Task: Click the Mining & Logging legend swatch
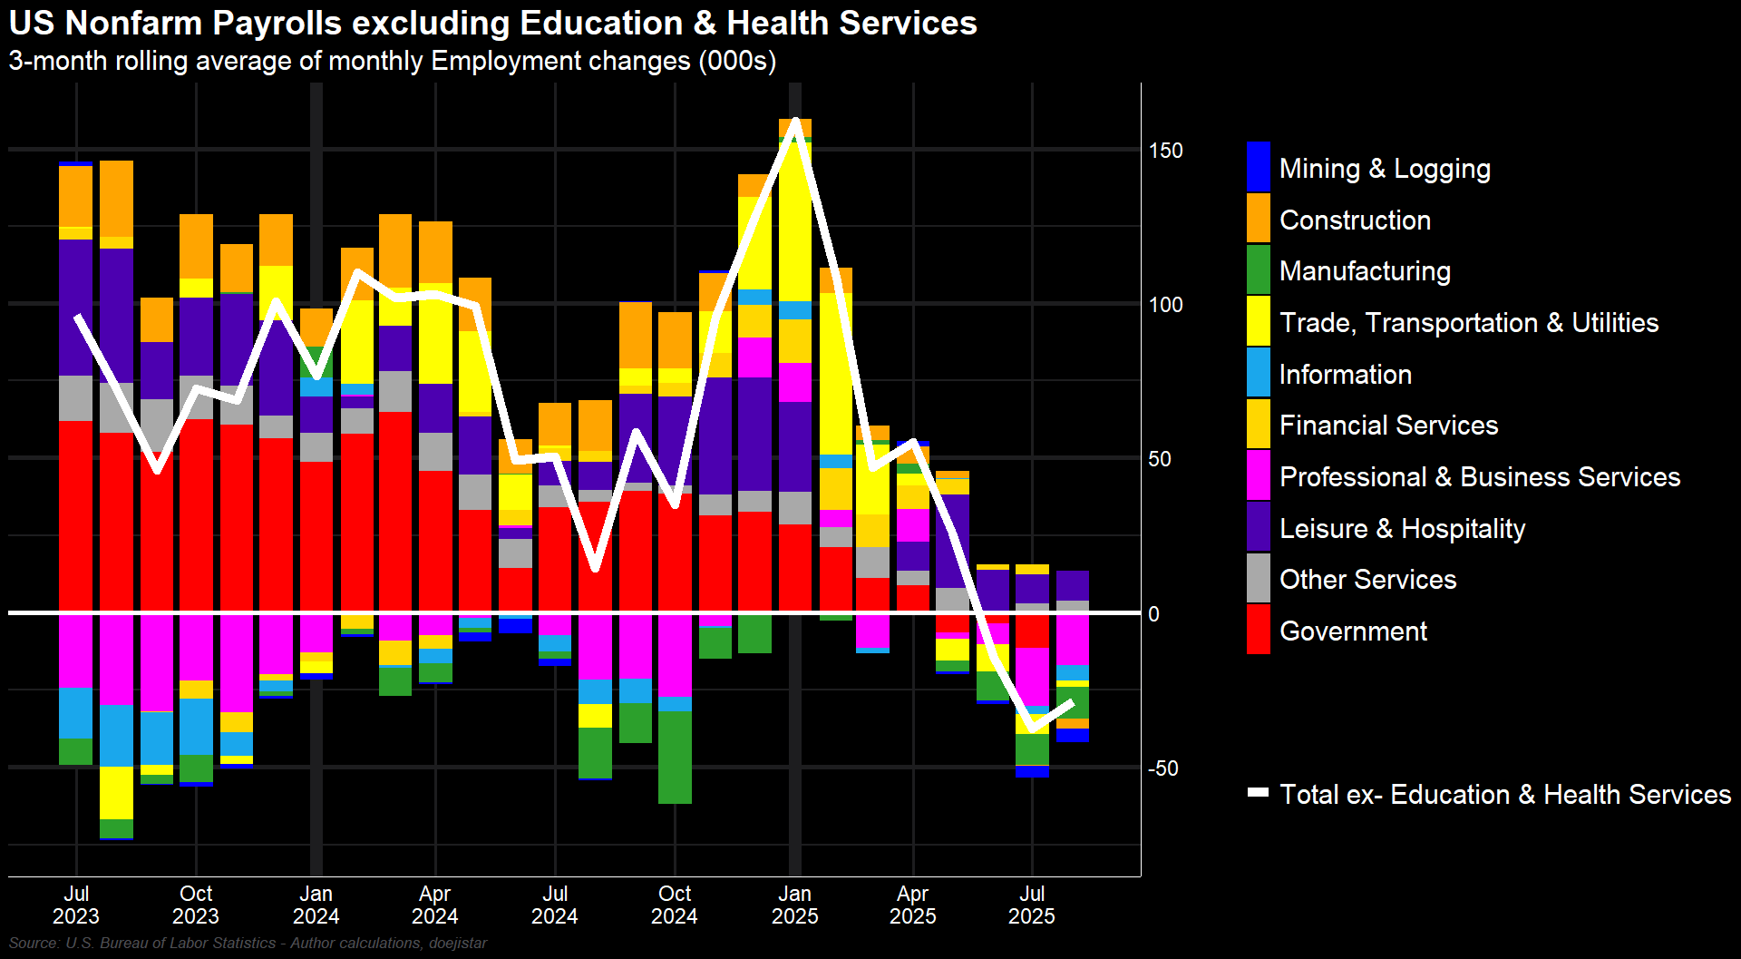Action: tap(1259, 167)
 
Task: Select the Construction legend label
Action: tap(1355, 220)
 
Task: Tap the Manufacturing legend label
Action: tap(1365, 271)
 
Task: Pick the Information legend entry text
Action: tap(1345, 375)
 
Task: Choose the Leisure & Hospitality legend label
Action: tap(1402, 529)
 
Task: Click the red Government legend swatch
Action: tap(1259, 630)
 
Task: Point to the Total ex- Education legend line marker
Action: tap(1259, 793)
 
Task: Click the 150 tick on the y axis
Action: tap(1165, 151)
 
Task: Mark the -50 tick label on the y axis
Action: tap(1162, 768)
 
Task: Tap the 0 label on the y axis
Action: tap(1153, 614)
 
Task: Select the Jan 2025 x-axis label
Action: tap(794, 905)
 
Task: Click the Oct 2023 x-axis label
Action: tap(196, 905)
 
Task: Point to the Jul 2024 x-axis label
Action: tap(555, 905)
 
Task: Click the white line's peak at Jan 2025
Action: tap(795, 122)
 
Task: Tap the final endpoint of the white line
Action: tap(1073, 702)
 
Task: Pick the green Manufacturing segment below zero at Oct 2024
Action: tap(675, 757)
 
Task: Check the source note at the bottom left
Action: tap(248, 944)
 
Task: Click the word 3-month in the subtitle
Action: tap(57, 61)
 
